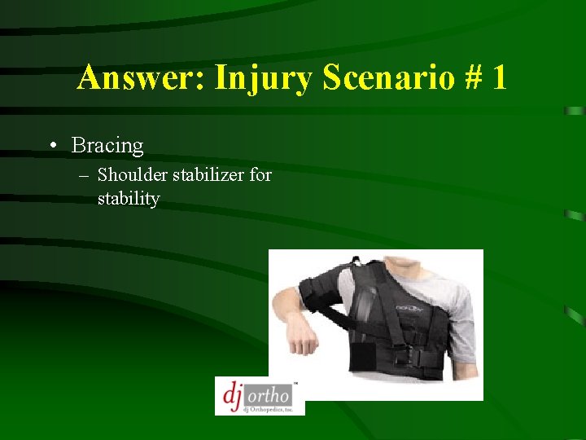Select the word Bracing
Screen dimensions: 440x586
(x=107, y=146)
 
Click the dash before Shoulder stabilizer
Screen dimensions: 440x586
(x=84, y=175)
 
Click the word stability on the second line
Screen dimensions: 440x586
(x=129, y=198)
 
